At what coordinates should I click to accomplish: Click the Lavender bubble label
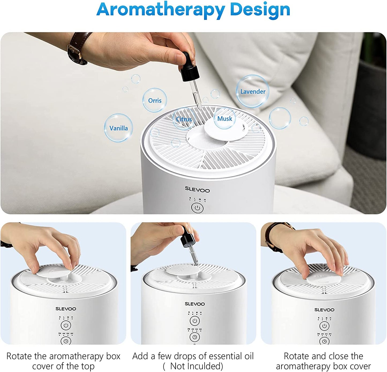coord(253,92)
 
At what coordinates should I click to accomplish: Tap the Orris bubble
coord(155,100)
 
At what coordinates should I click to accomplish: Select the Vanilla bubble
coord(118,128)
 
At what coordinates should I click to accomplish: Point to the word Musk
coord(224,119)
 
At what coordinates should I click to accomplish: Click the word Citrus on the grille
coord(184,119)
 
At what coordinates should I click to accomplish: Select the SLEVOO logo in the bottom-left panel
coord(66,309)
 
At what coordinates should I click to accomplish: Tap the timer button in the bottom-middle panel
coord(194,337)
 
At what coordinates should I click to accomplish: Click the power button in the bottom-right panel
coord(324,326)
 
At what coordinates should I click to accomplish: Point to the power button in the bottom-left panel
coord(66,325)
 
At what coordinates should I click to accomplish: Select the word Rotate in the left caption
coord(19,356)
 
